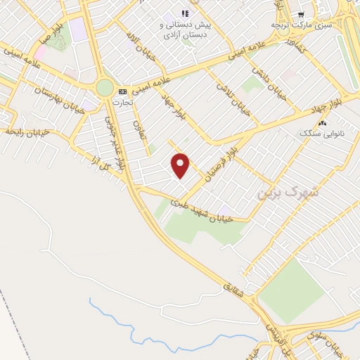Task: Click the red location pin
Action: [x=181, y=165]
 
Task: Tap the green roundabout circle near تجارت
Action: [x=105, y=88]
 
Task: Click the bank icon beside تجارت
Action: [x=123, y=91]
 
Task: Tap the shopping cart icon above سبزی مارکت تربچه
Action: [x=301, y=14]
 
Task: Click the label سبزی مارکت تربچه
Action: [x=301, y=25]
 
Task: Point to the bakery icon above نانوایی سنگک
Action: [x=322, y=123]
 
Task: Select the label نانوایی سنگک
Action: [x=321, y=132]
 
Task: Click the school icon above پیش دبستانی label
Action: [x=185, y=13]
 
